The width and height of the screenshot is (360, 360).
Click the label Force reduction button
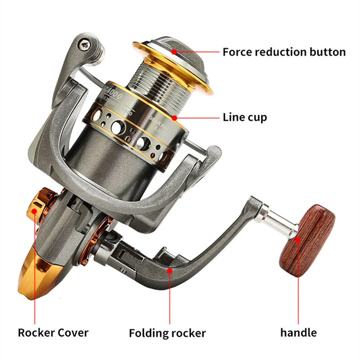284,52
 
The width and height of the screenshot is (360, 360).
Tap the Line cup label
245,117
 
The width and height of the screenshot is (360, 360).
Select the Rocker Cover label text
53,333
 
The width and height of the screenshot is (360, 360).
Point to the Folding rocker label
167,333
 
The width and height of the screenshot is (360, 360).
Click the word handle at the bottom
298,333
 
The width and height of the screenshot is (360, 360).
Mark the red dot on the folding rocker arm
170,270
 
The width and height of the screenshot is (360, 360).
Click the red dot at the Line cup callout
179,118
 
